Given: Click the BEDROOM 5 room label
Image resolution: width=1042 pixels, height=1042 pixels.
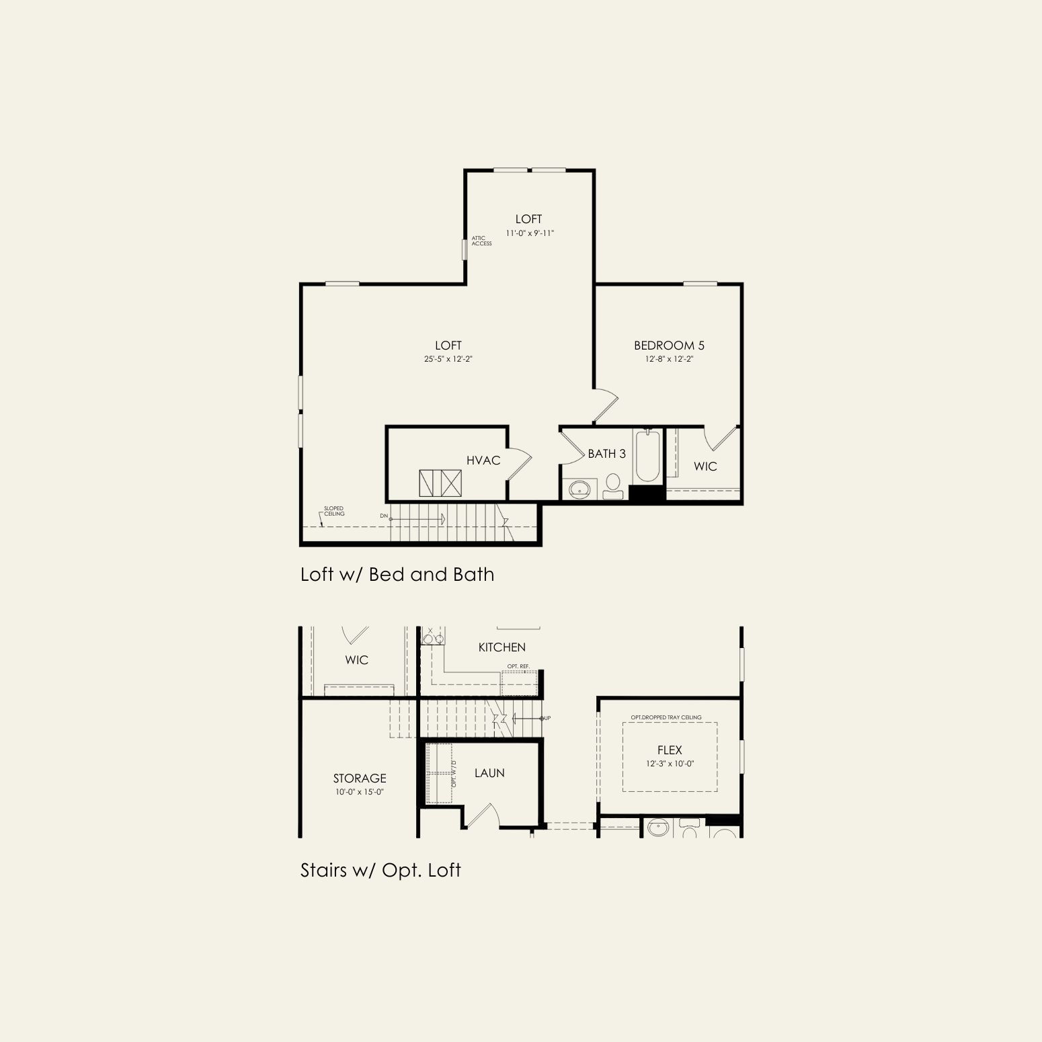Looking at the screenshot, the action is pos(669,346).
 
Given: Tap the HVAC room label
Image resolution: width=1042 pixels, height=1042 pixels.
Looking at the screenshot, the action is pos(483,460).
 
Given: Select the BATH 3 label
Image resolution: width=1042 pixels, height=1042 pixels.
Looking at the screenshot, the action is pos(606,454).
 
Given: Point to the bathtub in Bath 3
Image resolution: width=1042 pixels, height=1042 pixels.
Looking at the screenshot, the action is pos(647,456).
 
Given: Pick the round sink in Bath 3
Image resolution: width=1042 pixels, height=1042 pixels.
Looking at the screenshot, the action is pos(579,489).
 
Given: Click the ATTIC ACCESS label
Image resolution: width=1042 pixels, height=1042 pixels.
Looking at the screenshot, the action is pos(481,241).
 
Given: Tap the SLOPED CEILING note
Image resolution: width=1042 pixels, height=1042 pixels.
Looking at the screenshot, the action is pos(334,511).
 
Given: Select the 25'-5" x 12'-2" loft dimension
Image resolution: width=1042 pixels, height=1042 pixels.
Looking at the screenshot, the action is pos(448,359).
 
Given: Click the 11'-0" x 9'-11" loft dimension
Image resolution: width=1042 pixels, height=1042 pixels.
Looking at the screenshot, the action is pos(530,233).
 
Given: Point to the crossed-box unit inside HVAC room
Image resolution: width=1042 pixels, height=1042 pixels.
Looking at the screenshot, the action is pos(440,483).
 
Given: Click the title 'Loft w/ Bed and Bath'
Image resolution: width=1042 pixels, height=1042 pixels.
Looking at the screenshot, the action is pos(397,574).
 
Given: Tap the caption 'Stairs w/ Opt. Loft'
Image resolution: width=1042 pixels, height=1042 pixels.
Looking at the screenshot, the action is pos(380,870).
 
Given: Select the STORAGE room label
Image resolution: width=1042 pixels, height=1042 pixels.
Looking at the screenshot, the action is pos(360,778).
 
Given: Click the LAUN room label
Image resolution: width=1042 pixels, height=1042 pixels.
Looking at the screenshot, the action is pos(489,773).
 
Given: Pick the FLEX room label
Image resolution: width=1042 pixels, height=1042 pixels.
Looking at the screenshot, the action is pos(670,750).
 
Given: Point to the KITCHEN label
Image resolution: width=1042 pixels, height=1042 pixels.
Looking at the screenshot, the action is pos(502,647).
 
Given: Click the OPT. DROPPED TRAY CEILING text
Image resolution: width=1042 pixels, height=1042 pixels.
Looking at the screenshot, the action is pos(666,717).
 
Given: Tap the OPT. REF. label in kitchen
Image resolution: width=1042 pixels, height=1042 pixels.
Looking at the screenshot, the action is pos(518,666).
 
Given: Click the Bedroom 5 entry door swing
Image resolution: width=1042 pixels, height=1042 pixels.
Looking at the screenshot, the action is pos(606,405).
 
